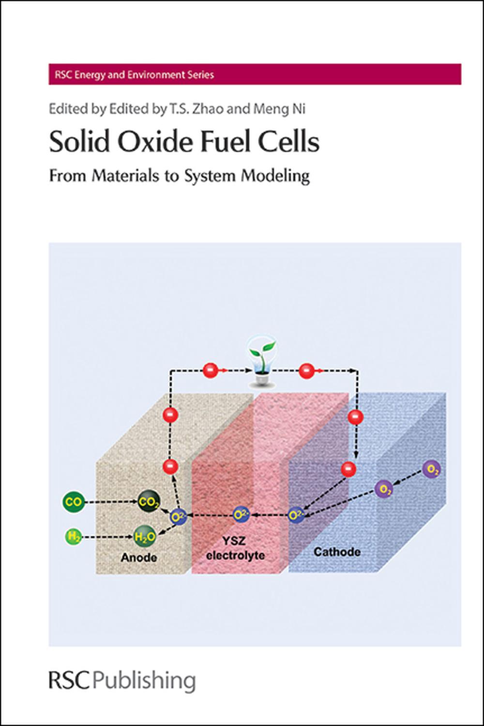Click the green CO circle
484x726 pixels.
pos(74,502)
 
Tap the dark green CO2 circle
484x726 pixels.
pos(148,502)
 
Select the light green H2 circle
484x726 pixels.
pos(74,536)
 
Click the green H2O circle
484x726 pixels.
pos(145,536)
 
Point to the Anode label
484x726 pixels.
pos(139,557)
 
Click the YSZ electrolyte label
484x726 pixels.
pos(236,548)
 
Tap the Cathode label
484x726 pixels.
pos(337,551)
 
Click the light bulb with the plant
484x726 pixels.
pos(261,362)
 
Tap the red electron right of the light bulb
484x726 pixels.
pos(306,371)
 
